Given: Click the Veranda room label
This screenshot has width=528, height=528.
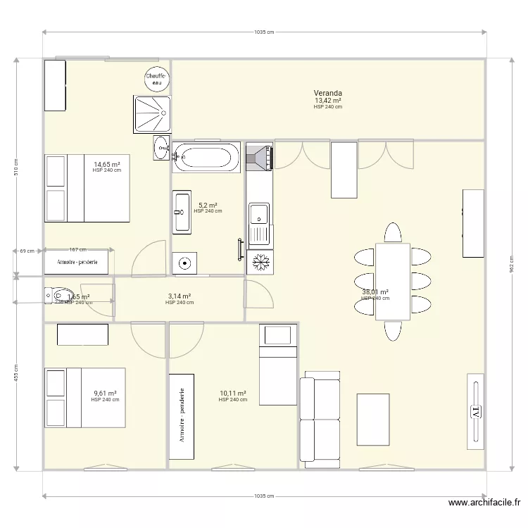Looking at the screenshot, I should point(328,93).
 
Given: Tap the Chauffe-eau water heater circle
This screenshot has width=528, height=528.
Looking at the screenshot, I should point(156,79).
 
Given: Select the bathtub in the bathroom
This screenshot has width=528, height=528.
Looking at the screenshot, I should point(207,156).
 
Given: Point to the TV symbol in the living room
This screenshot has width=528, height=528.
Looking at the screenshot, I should point(475,410).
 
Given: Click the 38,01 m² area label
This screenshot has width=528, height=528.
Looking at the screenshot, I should point(375,292).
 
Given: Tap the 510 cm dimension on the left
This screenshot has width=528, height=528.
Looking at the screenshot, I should point(17,168).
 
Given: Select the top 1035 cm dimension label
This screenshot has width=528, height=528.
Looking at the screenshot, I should point(264,32).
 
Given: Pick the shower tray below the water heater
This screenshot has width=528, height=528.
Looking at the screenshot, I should point(151,113).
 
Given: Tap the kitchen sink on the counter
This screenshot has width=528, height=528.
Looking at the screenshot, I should point(258,213).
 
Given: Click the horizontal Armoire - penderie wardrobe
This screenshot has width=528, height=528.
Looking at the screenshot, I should point(77,262).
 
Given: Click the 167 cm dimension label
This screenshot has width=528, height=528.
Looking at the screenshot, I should point(78,249).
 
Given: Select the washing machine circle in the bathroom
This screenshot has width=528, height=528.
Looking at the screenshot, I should point(184,264).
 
